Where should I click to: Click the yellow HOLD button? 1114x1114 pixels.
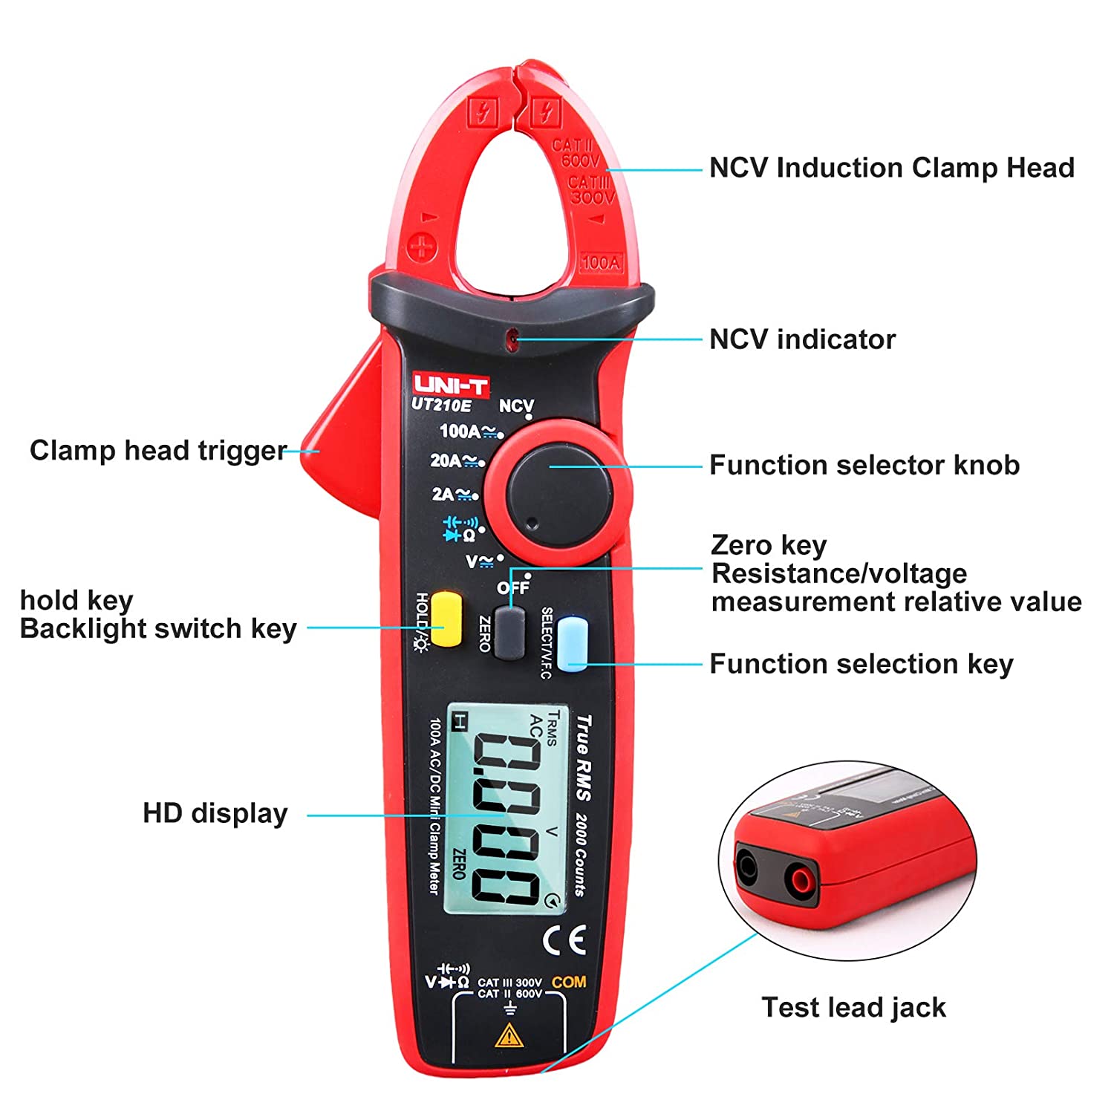tap(447, 619)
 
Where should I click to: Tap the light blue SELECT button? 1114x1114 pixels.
tap(572, 642)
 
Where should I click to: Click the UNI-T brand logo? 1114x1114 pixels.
tap(451, 385)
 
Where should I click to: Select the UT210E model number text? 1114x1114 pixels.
tap(441, 405)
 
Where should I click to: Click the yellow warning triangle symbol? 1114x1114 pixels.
tap(509, 1035)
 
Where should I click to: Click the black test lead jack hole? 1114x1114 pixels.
tap(746, 867)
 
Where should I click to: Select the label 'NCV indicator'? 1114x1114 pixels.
tap(802, 339)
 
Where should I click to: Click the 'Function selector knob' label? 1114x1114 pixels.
tap(864, 466)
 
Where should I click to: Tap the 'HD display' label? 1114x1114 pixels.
tap(215, 813)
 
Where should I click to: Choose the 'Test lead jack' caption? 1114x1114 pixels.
tap(853, 1008)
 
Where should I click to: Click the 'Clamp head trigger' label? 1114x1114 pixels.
tap(157, 450)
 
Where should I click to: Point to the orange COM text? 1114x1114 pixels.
tap(569, 982)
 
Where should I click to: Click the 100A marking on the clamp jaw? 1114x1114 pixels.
tap(601, 262)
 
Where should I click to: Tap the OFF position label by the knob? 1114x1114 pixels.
tap(513, 587)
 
